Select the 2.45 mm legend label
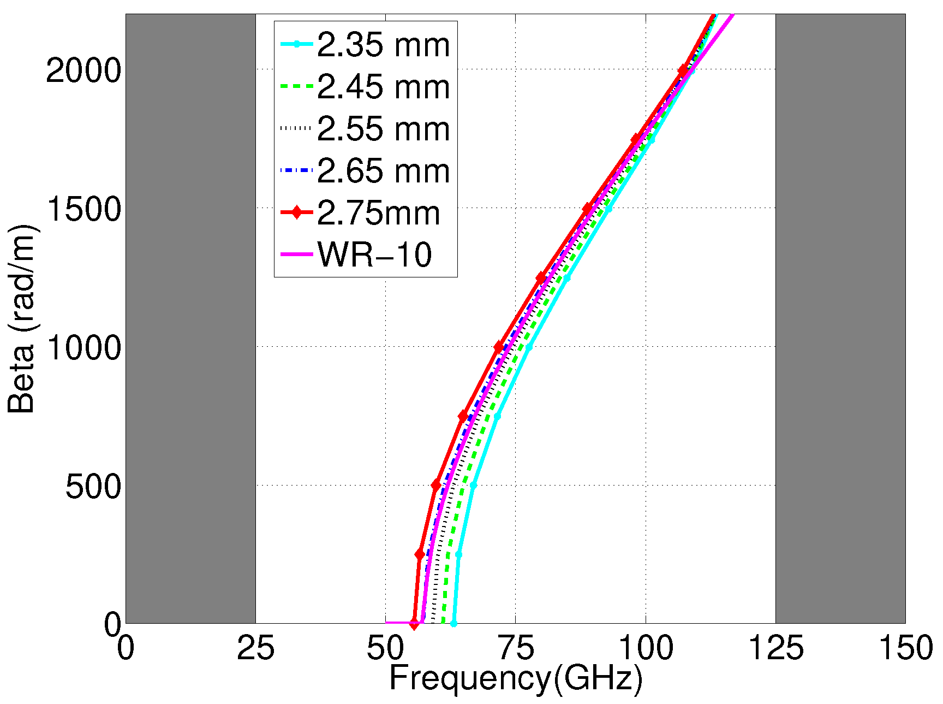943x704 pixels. point(383,87)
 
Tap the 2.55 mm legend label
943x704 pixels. point(383,129)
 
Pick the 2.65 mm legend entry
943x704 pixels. point(383,171)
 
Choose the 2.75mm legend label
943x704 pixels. point(378,213)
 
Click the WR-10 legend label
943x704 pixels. point(374,255)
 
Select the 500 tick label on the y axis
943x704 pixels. point(93,486)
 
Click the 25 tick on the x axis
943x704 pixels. point(255,649)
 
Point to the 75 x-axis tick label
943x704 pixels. point(515,649)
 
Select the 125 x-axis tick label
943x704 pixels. point(775,649)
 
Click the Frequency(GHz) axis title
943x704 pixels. point(515,679)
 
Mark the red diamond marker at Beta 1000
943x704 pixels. point(498,347)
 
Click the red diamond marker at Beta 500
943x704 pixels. point(436,485)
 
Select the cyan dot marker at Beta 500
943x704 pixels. point(473,485)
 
